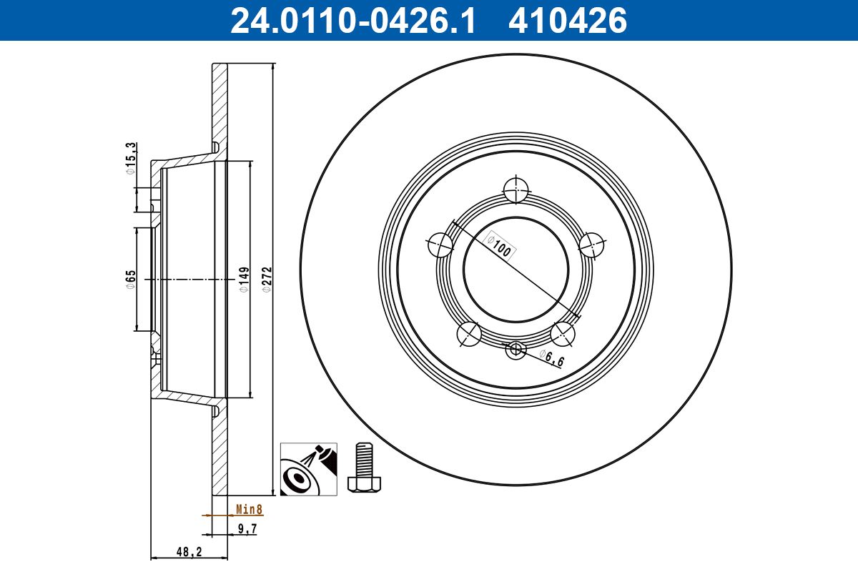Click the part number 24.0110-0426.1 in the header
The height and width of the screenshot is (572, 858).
click(x=352, y=21)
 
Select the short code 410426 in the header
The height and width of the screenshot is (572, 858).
click(x=567, y=21)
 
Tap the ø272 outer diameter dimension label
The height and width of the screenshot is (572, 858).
click(x=266, y=279)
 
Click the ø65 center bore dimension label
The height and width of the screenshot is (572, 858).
click(x=130, y=280)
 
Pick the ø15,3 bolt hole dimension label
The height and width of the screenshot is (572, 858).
click(x=130, y=158)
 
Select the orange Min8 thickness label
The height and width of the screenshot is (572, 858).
click(x=250, y=510)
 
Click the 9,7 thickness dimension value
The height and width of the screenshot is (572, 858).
click(x=247, y=529)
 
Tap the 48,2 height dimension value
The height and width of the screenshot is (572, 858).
click(x=189, y=552)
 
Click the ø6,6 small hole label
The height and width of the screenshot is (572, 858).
click(x=551, y=358)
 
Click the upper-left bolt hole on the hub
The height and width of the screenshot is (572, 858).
click(x=440, y=245)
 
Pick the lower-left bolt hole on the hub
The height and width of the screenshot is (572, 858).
click(x=469, y=333)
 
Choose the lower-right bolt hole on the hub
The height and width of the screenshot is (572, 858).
click(x=563, y=333)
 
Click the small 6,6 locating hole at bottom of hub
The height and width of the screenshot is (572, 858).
click(x=516, y=350)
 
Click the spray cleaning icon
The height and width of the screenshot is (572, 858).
click(x=308, y=468)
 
